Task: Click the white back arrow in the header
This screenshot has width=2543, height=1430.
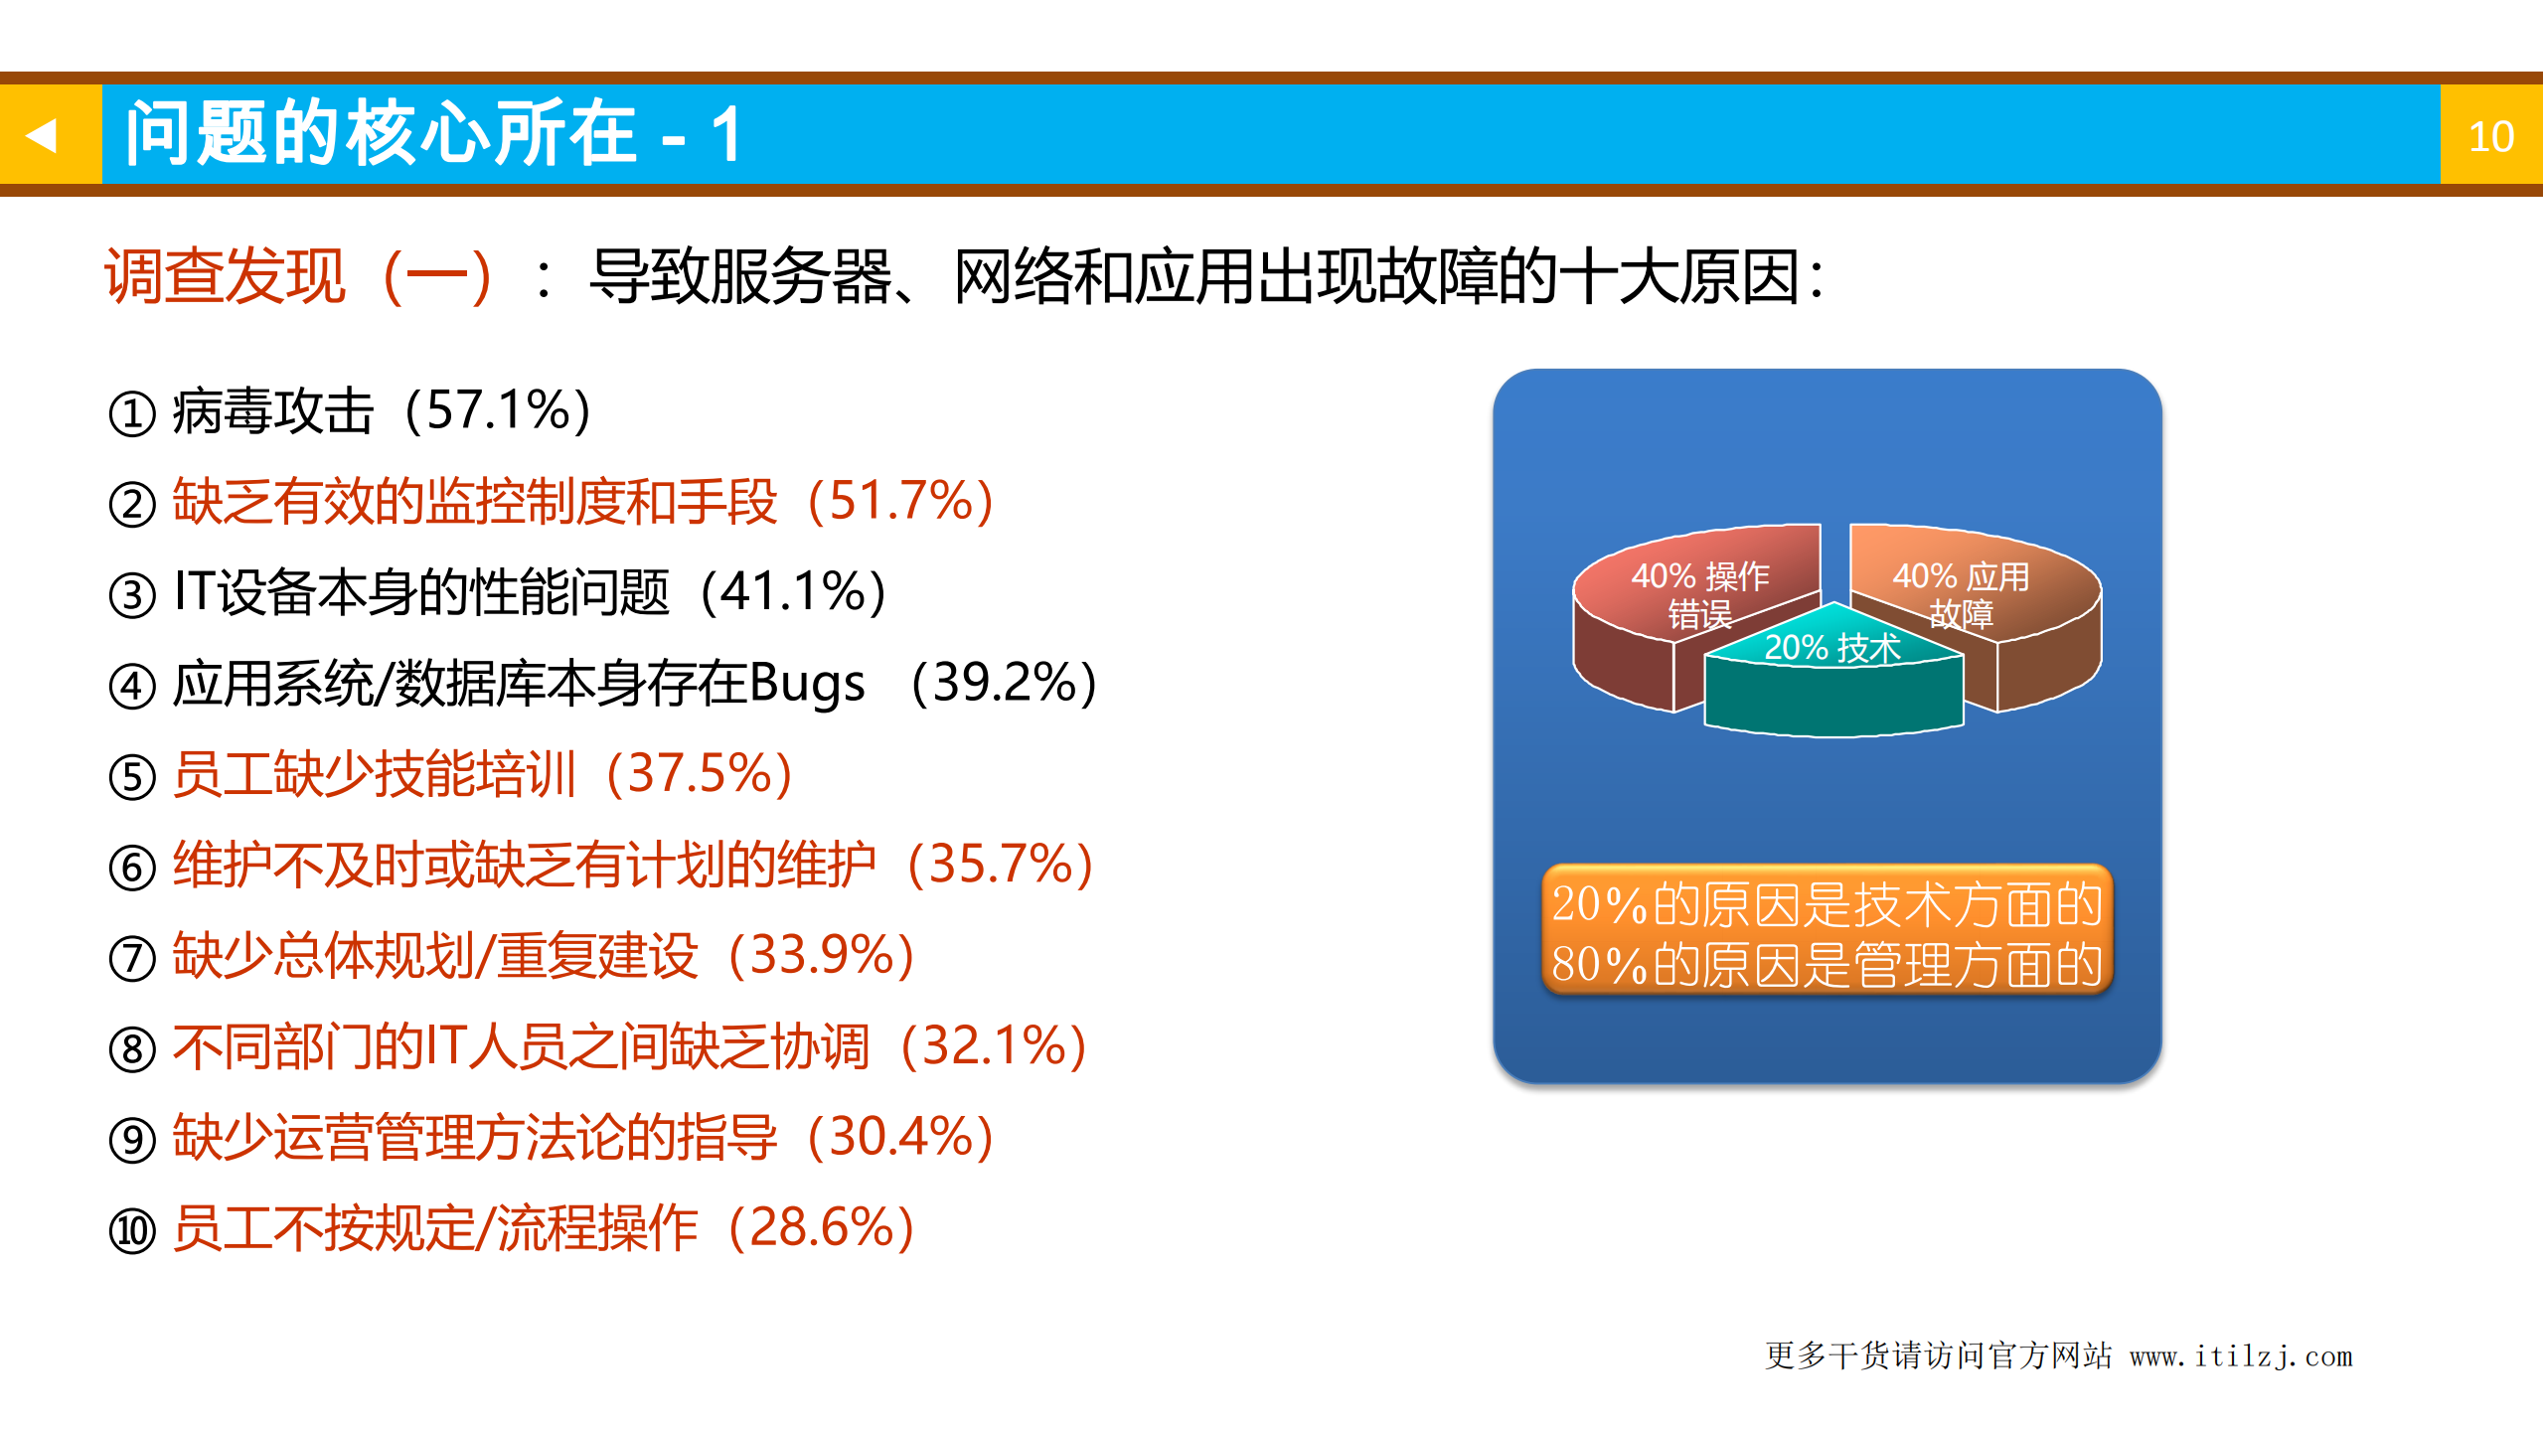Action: click(x=42, y=135)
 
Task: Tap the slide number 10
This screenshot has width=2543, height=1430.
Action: click(x=2490, y=136)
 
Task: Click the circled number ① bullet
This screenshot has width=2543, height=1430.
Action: click(x=132, y=413)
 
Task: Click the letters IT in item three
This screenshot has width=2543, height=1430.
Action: click(x=194, y=591)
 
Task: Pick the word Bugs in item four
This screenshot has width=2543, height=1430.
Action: click(x=806, y=684)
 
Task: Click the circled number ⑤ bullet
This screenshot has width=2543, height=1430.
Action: click(x=132, y=777)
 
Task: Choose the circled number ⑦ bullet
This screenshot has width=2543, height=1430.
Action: click(x=132, y=959)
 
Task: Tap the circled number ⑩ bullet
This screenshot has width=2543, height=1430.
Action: click(x=132, y=1231)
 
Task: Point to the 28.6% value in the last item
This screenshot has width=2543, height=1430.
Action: click(x=821, y=1227)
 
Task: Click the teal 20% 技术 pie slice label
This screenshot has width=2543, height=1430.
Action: click(x=1831, y=648)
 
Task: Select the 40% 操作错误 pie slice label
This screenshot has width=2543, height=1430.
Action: click(x=1699, y=594)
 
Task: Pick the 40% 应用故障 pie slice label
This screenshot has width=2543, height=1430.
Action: click(x=1960, y=594)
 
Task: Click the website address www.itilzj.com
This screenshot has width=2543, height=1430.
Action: click(x=2240, y=1356)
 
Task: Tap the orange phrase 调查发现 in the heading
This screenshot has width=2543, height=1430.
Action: click(x=225, y=275)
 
